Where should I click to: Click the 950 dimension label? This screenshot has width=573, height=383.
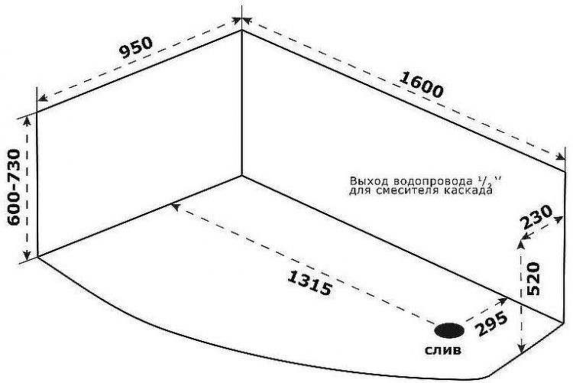(136, 47)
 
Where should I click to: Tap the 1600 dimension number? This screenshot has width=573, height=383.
(421, 85)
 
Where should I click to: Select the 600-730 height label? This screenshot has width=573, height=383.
(15, 187)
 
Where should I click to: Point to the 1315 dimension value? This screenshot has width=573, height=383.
(310, 282)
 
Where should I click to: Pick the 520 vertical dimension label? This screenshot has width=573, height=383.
(533, 278)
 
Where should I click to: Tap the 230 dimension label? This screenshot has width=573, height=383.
(536, 216)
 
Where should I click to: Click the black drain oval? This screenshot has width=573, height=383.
(449, 330)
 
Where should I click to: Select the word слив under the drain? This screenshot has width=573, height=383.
(443, 350)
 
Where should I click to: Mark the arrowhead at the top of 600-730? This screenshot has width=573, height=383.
(27, 121)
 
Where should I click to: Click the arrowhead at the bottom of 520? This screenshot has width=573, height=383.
(523, 349)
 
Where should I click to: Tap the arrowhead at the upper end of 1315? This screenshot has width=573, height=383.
(176, 207)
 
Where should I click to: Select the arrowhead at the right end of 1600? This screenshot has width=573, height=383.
(560, 157)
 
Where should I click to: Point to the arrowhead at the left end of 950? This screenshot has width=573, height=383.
(43, 98)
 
